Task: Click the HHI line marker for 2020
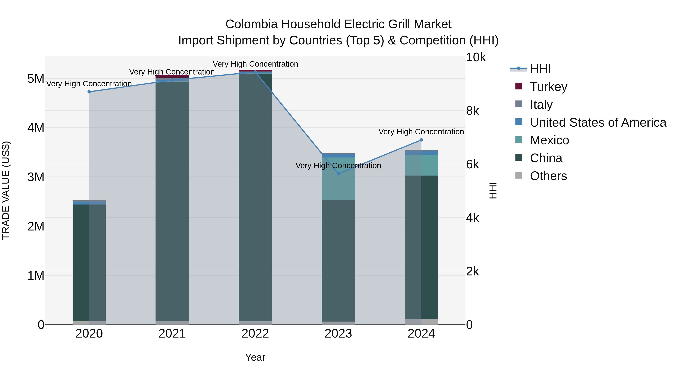tap(89, 92)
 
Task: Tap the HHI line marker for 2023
tap(338, 174)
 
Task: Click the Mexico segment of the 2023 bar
tap(338, 184)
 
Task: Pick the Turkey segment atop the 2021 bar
tap(172, 76)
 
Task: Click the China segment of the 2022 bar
tap(255, 197)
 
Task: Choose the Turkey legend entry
tap(549, 87)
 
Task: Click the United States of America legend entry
tap(598, 122)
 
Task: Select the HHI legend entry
tap(540, 69)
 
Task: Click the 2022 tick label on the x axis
tap(255, 334)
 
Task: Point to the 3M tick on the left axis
tap(36, 177)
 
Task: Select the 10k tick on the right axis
tap(476, 57)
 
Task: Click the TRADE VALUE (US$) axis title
tap(6, 191)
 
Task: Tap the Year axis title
tap(255, 357)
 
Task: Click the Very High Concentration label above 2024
tap(421, 132)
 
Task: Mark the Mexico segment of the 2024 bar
tap(421, 165)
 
